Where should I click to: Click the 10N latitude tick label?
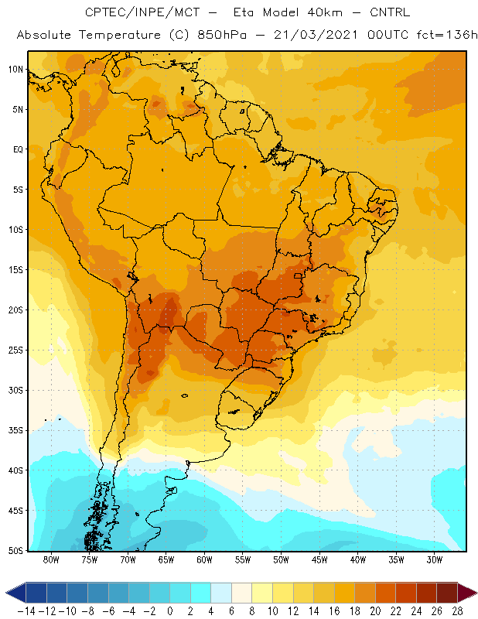pyautogui.click(x=15, y=70)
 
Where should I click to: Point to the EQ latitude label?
pyautogui.click(x=18, y=149)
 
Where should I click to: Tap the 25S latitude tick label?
pyautogui.click(x=15, y=351)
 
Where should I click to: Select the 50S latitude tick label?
pyautogui.click(x=15, y=551)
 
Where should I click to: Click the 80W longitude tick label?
pyautogui.click(x=51, y=559)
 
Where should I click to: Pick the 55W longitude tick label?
pyautogui.click(x=243, y=559)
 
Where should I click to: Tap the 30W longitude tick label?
pyautogui.click(x=434, y=559)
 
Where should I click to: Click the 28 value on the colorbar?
pyautogui.click(x=457, y=611)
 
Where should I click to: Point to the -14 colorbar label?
pyautogui.click(x=26, y=611)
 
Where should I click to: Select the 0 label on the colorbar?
pyautogui.click(x=170, y=611)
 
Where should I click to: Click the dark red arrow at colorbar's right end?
pyautogui.click(x=467, y=593)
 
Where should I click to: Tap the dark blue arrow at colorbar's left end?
pyautogui.click(x=15, y=593)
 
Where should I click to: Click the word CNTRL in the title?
pyautogui.click(x=390, y=12)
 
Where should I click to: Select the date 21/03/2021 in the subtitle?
pyautogui.click(x=316, y=35)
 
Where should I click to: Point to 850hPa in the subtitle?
pyautogui.click(x=222, y=35)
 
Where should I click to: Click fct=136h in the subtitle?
pyautogui.click(x=447, y=35)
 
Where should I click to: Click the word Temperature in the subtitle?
pyautogui.click(x=120, y=35)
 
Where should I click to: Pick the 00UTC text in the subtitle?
pyautogui.click(x=388, y=35)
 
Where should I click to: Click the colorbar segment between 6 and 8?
pyautogui.click(x=241, y=593)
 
